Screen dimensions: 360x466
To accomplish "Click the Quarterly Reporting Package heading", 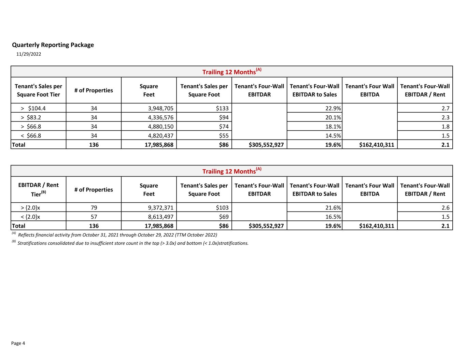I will [53, 45].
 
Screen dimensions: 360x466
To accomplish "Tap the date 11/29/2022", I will [29, 54].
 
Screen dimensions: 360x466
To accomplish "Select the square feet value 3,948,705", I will [160, 108].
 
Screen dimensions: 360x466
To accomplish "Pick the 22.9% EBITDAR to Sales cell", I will [333, 108].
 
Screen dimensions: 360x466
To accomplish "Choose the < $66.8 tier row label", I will [31, 135].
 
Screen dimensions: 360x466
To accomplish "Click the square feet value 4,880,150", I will [160, 126].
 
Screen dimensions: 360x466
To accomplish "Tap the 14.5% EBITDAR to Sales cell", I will [333, 135].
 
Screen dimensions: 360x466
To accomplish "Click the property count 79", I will [94, 207].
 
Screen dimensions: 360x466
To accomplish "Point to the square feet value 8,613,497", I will [160, 217].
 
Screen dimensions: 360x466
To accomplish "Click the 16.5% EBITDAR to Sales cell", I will [333, 217].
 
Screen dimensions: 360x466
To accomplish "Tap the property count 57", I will [94, 217].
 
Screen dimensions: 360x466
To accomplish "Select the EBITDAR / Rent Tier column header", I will [38, 189].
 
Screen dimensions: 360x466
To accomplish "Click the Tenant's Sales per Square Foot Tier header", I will [38, 90].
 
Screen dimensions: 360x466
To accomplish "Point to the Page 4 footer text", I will [18, 343].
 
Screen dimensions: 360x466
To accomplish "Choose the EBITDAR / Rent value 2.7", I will [445, 108].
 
